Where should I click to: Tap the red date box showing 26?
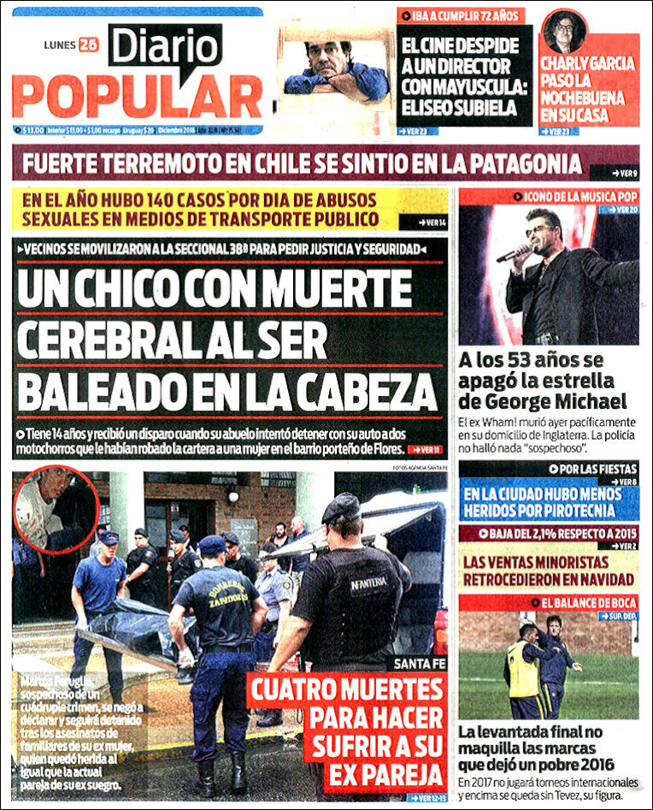[x=87, y=45]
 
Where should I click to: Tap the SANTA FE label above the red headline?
[x=416, y=663]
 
